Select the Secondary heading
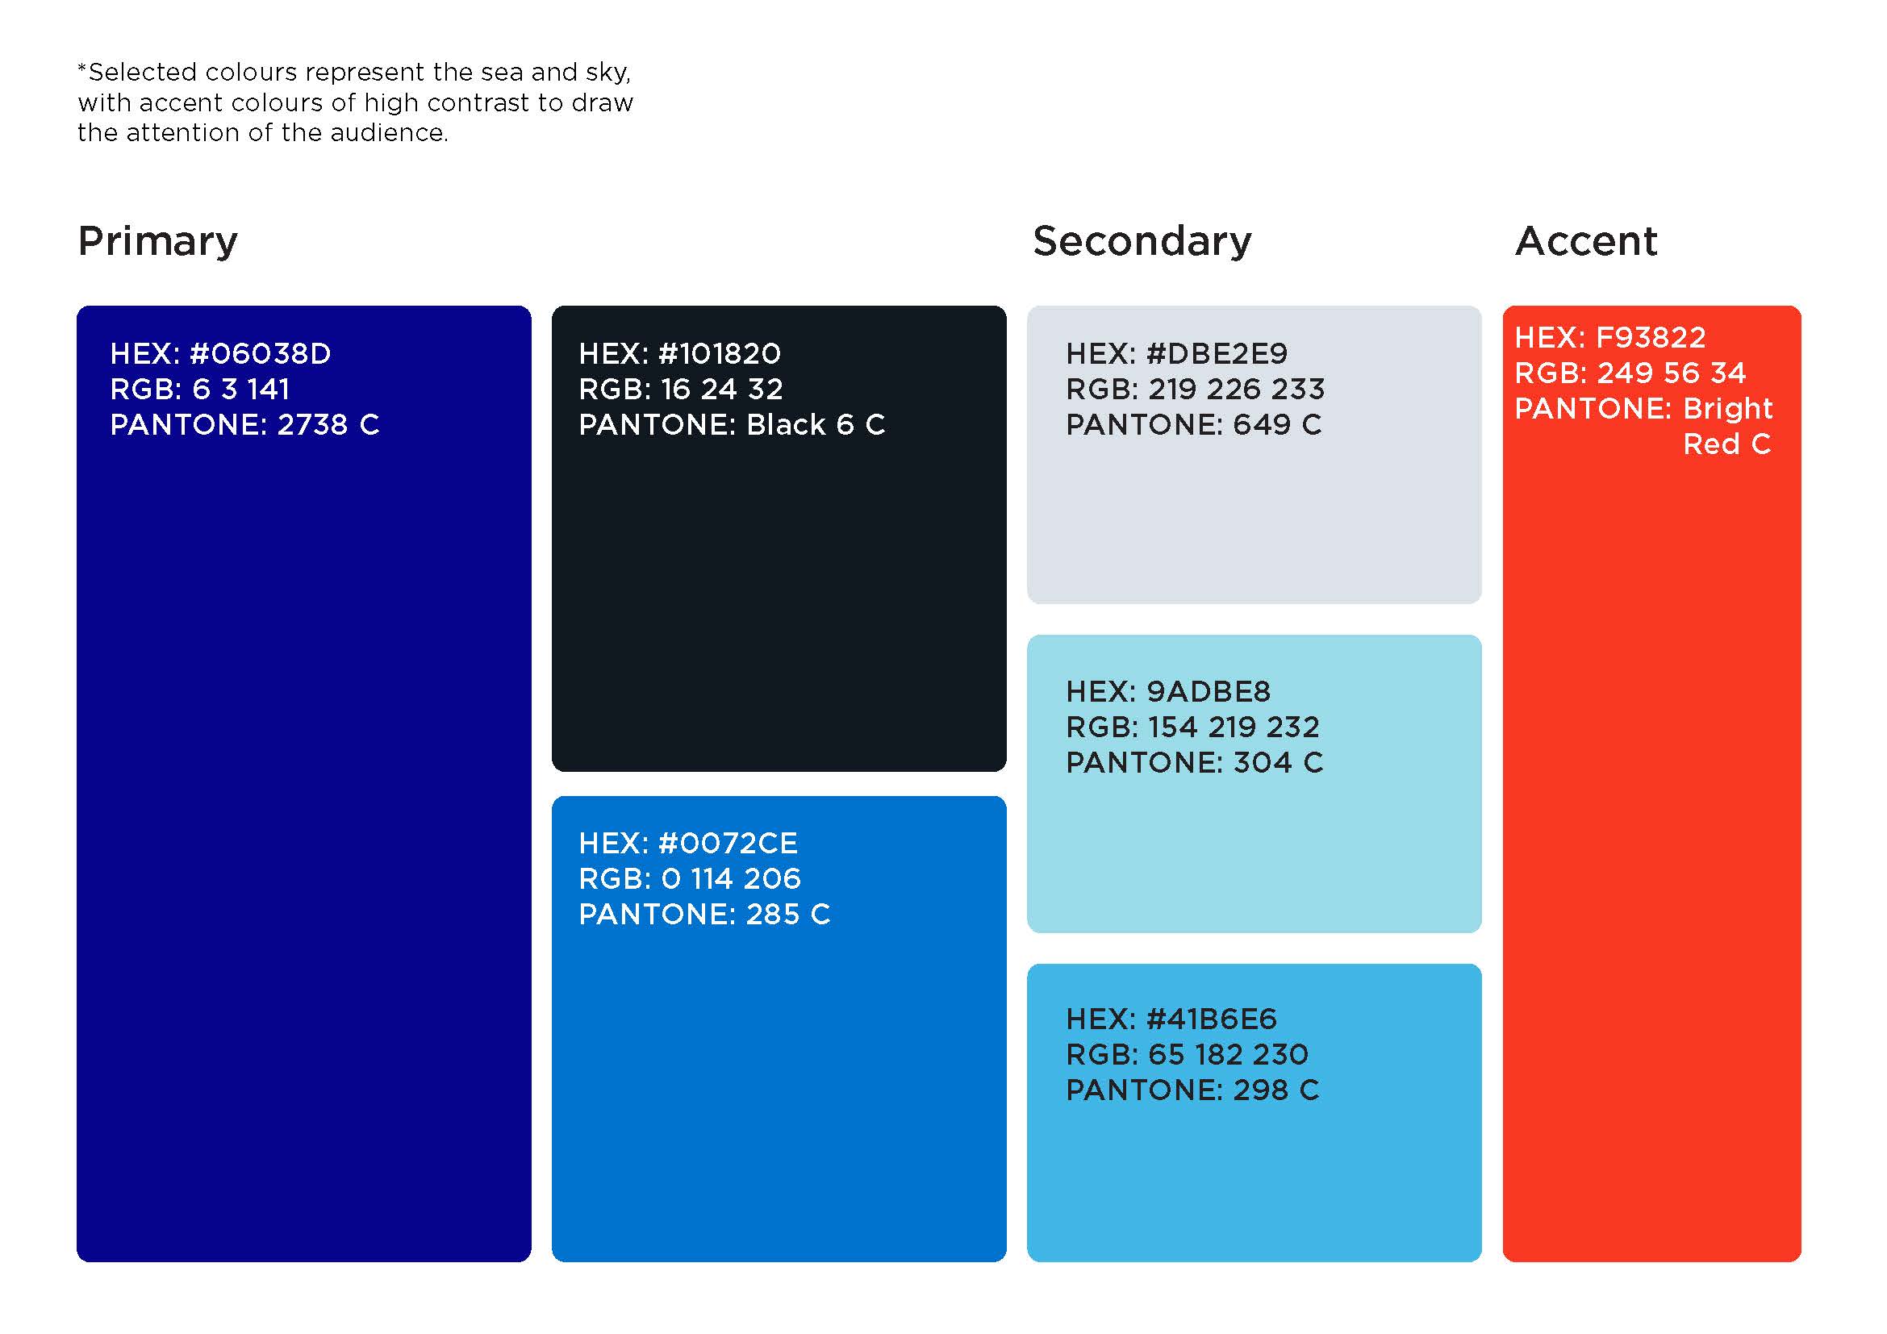coord(1142,241)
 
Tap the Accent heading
coord(1586,241)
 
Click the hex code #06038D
coord(260,354)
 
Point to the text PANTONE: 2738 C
coord(245,425)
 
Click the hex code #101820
coord(719,354)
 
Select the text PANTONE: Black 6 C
coord(733,425)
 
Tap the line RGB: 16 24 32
coord(682,390)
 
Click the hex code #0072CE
coord(728,844)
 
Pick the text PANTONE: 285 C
coord(705,915)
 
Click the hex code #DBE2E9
coord(1217,354)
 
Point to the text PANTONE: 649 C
coord(1194,425)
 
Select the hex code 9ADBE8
coord(1209,692)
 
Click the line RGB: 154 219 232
coord(1193,727)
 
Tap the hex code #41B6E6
coord(1212,1019)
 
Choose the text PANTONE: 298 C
coord(1193,1090)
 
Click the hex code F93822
coord(1651,338)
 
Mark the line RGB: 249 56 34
coord(1630,373)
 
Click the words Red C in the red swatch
coord(1726,444)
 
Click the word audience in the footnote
coord(390,133)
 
